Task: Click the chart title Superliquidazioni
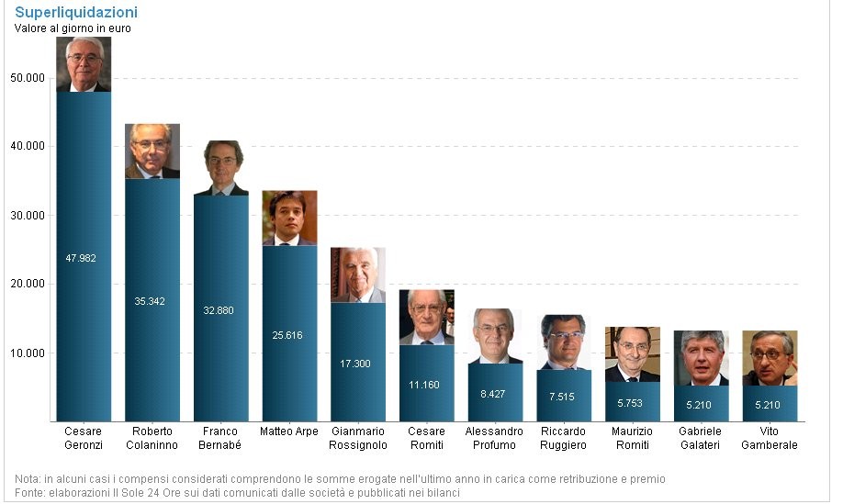point(76,13)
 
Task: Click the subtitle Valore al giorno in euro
point(73,28)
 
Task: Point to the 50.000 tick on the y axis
point(28,78)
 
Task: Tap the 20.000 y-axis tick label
point(28,285)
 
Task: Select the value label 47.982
point(81,258)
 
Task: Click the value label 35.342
point(150,301)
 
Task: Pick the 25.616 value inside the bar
point(287,335)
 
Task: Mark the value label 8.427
point(493,394)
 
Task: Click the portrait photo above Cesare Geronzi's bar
point(83,64)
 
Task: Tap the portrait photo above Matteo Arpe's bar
point(289,218)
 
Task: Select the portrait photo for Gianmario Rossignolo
point(357,274)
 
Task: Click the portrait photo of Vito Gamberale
point(770,358)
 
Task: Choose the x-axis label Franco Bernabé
point(219,438)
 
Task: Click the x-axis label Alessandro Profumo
point(494,438)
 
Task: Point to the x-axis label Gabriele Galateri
point(701,438)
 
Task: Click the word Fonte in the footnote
point(29,493)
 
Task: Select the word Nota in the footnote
point(28,479)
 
